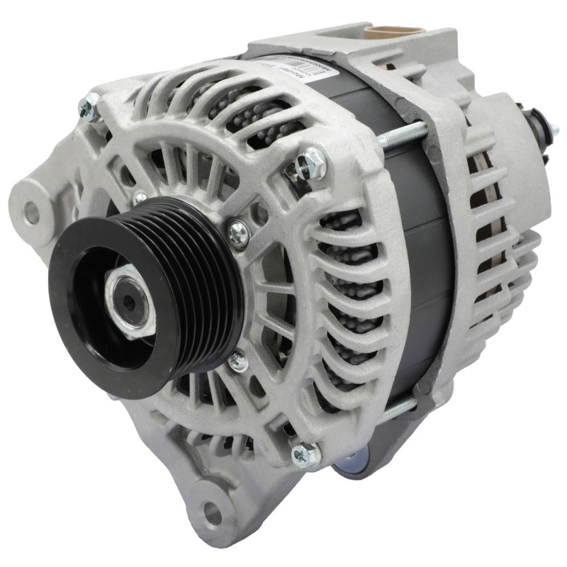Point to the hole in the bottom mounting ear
tap(212, 512)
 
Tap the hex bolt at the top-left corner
tap(89, 107)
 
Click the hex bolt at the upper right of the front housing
tap(312, 164)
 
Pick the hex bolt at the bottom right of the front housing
tap(306, 454)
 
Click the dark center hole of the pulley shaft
tap(128, 301)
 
